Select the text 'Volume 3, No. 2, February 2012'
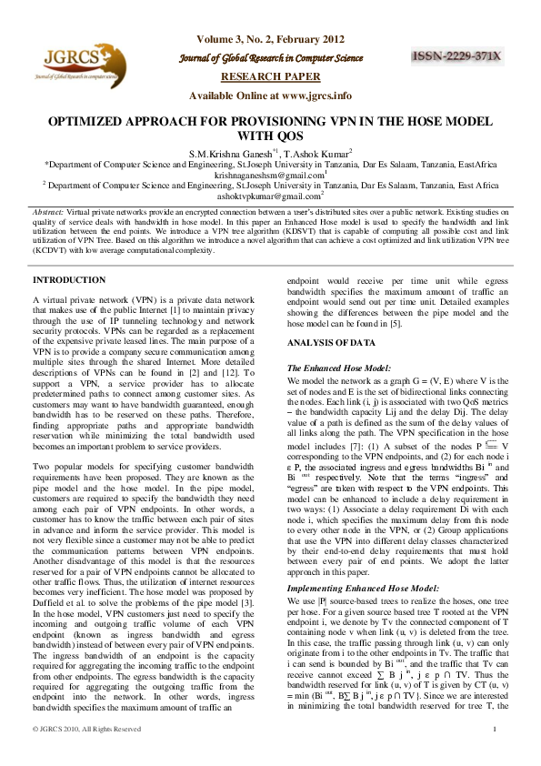point(270,39)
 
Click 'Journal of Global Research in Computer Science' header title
point(270,59)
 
